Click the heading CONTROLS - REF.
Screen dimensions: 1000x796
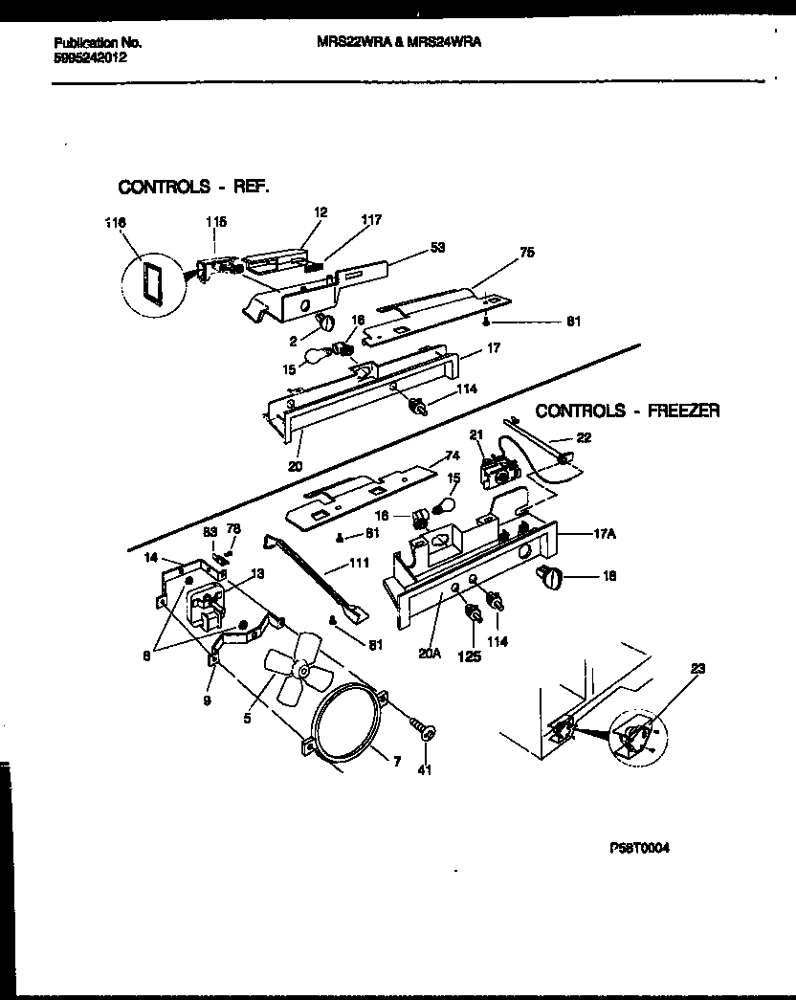(x=193, y=187)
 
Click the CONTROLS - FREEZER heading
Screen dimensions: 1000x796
(x=628, y=411)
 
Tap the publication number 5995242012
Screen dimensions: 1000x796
(x=91, y=57)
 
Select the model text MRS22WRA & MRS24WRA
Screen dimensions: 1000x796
(x=399, y=42)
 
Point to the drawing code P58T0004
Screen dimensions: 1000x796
(x=638, y=847)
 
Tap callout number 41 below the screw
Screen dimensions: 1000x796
(x=425, y=768)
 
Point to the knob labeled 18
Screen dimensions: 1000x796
(x=552, y=575)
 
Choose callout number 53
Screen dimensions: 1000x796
(x=437, y=248)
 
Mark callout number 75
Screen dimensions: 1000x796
(x=526, y=253)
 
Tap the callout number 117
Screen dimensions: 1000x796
(x=371, y=220)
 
